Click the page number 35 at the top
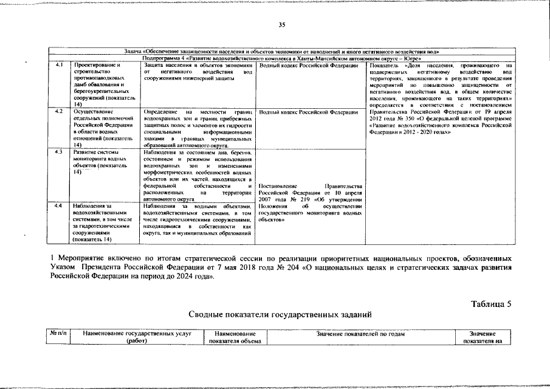(281, 25)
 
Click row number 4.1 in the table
(59, 65)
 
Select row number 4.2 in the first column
(59, 112)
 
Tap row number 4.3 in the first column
(59, 151)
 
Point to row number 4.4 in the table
(59, 206)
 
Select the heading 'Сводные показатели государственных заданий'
(279, 314)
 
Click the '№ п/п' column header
(58, 334)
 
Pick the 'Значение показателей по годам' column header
(360, 334)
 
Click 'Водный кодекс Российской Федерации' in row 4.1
(308, 65)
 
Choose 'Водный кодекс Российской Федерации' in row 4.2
(308, 112)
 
